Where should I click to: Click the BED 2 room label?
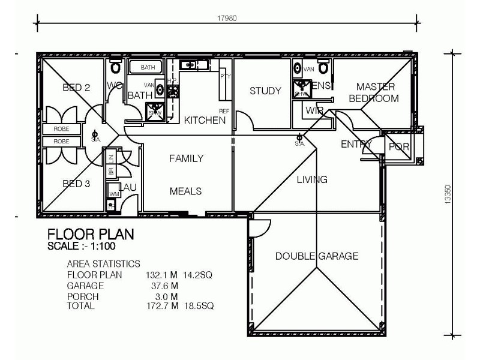tap(76, 88)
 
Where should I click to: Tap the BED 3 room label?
tap(76, 184)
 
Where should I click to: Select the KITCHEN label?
tap(205, 120)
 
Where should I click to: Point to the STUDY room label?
tap(265, 91)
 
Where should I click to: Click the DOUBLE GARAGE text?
tap(317, 256)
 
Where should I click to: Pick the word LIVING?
tap(312, 179)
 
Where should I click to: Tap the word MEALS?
tap(185, 191)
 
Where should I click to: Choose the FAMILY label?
tap(185, 159)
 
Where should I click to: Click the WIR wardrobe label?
tap(314, 110)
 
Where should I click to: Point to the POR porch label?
tap(398, 147)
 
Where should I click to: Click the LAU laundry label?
tap(128, 188)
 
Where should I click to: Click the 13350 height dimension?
tap(448, 195)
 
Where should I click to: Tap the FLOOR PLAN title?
tap(91, 233)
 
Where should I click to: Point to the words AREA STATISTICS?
tap(103, 263)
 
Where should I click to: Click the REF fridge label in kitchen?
tap(224, 112)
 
